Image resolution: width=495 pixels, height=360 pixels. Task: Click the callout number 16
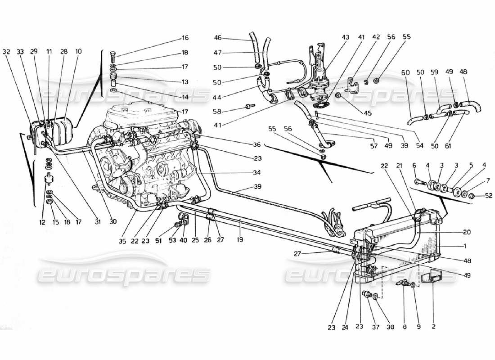pyautogui.click(x=185, y=38)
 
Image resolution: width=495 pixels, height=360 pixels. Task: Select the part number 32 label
pyautogui.click(x=6, y=52)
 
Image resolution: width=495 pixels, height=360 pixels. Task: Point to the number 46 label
pyautogui.click(x=218, y=38)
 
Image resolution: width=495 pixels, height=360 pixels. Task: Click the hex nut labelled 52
pyautogui.click(x=470, y=196)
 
